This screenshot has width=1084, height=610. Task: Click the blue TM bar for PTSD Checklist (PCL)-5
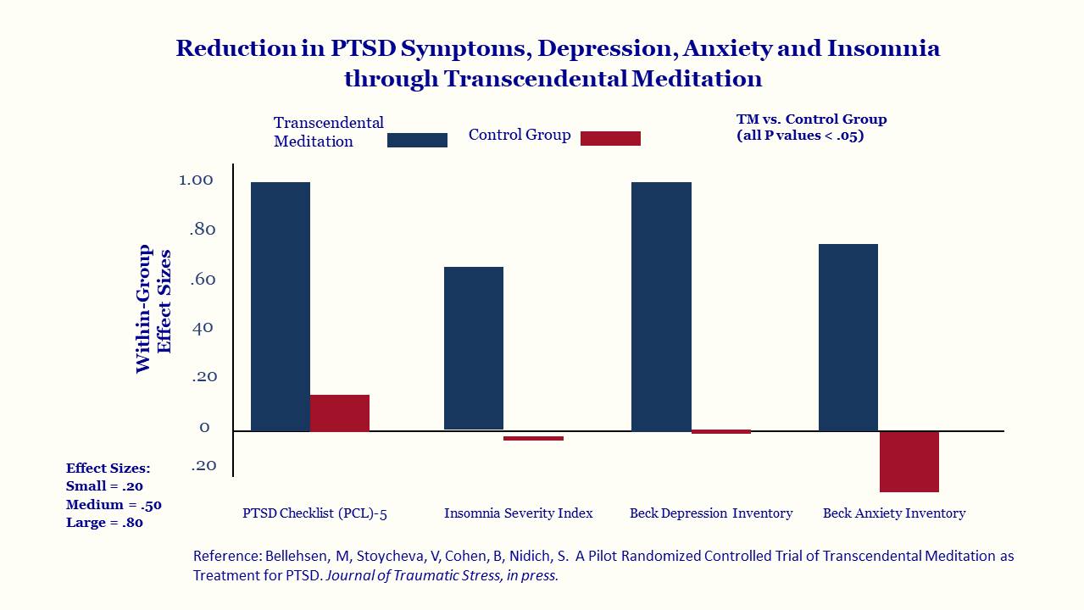[281, 307]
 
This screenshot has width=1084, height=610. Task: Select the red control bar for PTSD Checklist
[340, 413]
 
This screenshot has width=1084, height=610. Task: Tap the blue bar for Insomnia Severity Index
[474, 348]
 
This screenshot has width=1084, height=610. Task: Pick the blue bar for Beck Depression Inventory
[662, 307]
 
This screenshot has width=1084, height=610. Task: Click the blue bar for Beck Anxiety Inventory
[848, 337]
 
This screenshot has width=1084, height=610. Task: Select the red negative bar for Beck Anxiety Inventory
[909, 462]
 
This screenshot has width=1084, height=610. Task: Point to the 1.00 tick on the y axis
[196, 180]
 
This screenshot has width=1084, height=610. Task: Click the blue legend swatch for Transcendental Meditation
[417, 140]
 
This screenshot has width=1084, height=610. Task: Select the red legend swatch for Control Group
[610, 138]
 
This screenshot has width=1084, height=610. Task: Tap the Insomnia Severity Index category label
[519, 513]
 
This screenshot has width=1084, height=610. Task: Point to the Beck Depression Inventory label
[711, 513]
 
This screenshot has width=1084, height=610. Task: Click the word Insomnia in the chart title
[883, 48]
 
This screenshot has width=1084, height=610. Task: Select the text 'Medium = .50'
[114, 505]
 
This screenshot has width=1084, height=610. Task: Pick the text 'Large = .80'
[104, 523]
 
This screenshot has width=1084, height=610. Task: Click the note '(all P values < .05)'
[800, 136]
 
